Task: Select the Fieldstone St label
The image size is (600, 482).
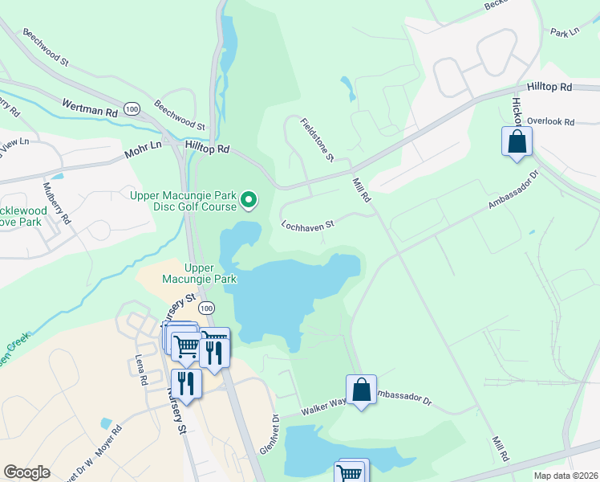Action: (317, 140)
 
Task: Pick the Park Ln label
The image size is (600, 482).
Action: (565, 32)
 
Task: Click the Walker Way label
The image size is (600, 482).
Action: (323, 410)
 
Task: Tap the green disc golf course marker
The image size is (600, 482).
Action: (249, 200)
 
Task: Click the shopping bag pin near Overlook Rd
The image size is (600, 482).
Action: (517, 143)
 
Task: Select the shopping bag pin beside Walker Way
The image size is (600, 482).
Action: (362, 390)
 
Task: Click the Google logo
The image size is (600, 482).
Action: (26, 472)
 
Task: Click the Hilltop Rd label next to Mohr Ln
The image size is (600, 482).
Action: (207, 149)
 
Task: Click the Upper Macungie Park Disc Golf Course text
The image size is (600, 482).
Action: (184, 201)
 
